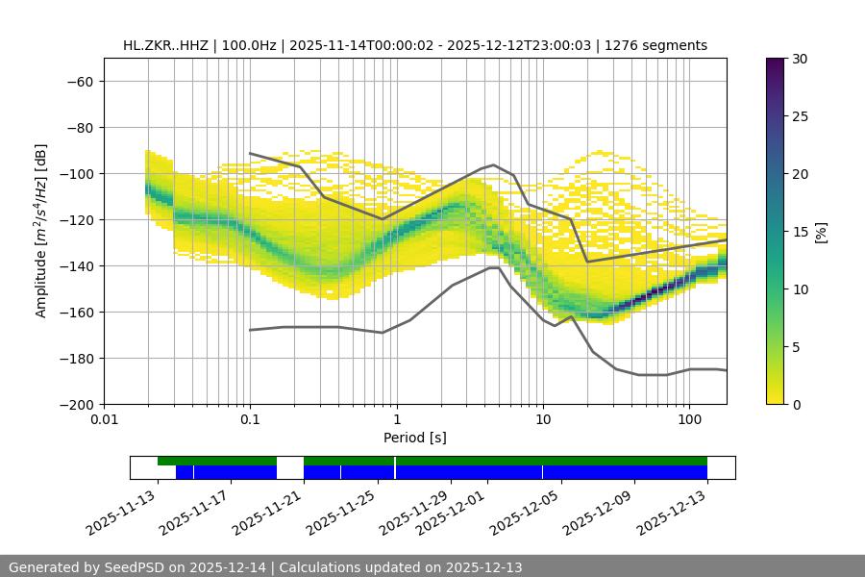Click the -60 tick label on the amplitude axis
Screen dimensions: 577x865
tap(80, 81)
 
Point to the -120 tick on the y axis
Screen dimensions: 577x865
tap(76, 219)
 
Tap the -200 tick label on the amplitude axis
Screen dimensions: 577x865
tap(76, 404)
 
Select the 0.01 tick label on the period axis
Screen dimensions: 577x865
tap(104, 419)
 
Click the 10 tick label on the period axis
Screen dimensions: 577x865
tap(543, 419)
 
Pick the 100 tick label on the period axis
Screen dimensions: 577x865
tap(689, 419)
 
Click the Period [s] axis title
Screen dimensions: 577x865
tap(414, 438)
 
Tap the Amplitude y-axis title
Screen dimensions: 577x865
tap(41, 230)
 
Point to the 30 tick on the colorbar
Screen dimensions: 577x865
tap(800, 59)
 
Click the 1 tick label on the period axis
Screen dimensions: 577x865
tap(397, 419)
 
